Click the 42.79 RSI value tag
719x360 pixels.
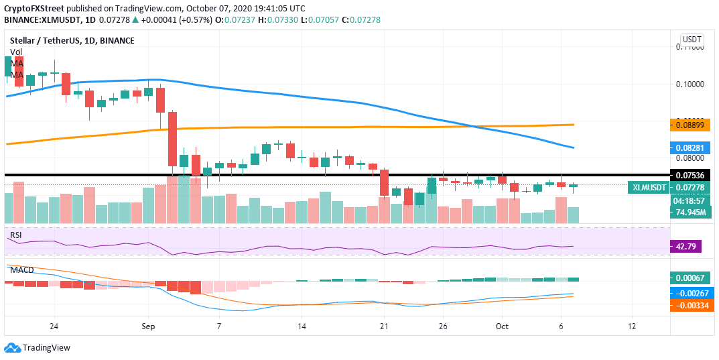tap(685, 247)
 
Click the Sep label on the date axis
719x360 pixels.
tap(149, 326)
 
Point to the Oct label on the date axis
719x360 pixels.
tap(502, 326)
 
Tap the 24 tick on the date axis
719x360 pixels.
tap(54, 326)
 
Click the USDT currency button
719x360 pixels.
tap(691, 40)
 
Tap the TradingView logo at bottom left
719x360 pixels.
tap(38, 348)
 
